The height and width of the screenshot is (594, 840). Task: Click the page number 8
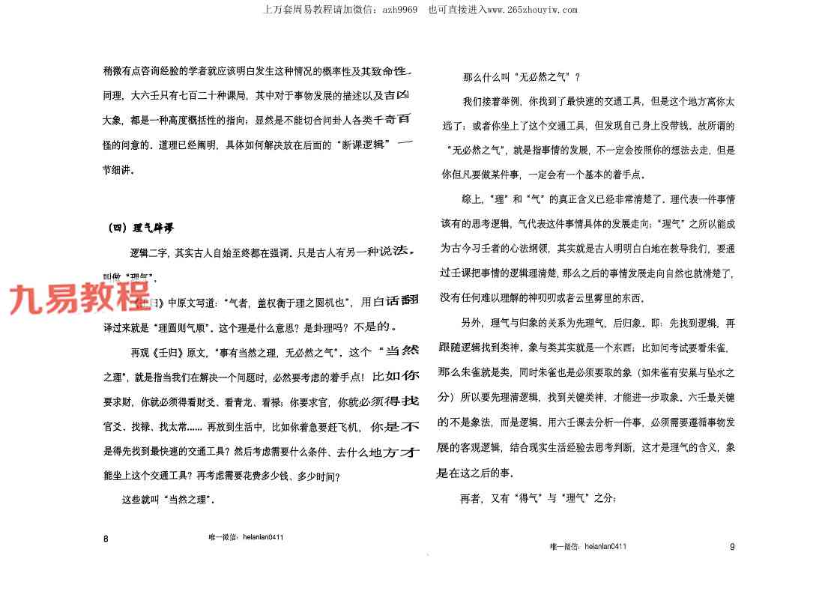click(106, 539)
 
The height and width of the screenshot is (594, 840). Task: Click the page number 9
click(732, 547)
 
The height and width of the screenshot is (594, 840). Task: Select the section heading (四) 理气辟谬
click(143, 228)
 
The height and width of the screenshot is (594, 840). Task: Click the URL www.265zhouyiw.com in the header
click(532, 10)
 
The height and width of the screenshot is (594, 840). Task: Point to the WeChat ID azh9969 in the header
click(399, 10)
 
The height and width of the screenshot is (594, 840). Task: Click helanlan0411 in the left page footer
click(259, 537)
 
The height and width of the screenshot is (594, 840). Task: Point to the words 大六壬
click(142, 97)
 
